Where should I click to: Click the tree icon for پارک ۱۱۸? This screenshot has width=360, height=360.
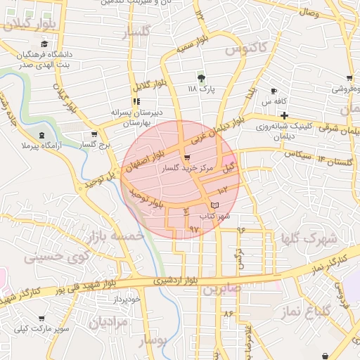[202, 77]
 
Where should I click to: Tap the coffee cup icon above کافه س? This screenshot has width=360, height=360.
[274, 91]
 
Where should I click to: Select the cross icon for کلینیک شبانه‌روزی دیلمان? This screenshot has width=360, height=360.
[283, 115]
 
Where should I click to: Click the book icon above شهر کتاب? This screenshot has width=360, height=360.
[214, 205]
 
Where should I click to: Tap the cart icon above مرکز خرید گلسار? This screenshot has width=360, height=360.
[186, 157]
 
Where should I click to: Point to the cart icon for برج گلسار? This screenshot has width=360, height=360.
[94, 134]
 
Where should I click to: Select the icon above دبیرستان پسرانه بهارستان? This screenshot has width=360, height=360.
[136, 101]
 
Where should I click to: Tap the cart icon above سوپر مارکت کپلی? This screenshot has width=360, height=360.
[42, 318]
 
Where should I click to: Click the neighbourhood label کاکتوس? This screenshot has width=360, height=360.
[246, 49]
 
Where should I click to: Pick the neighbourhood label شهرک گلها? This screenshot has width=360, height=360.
[309, 238]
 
